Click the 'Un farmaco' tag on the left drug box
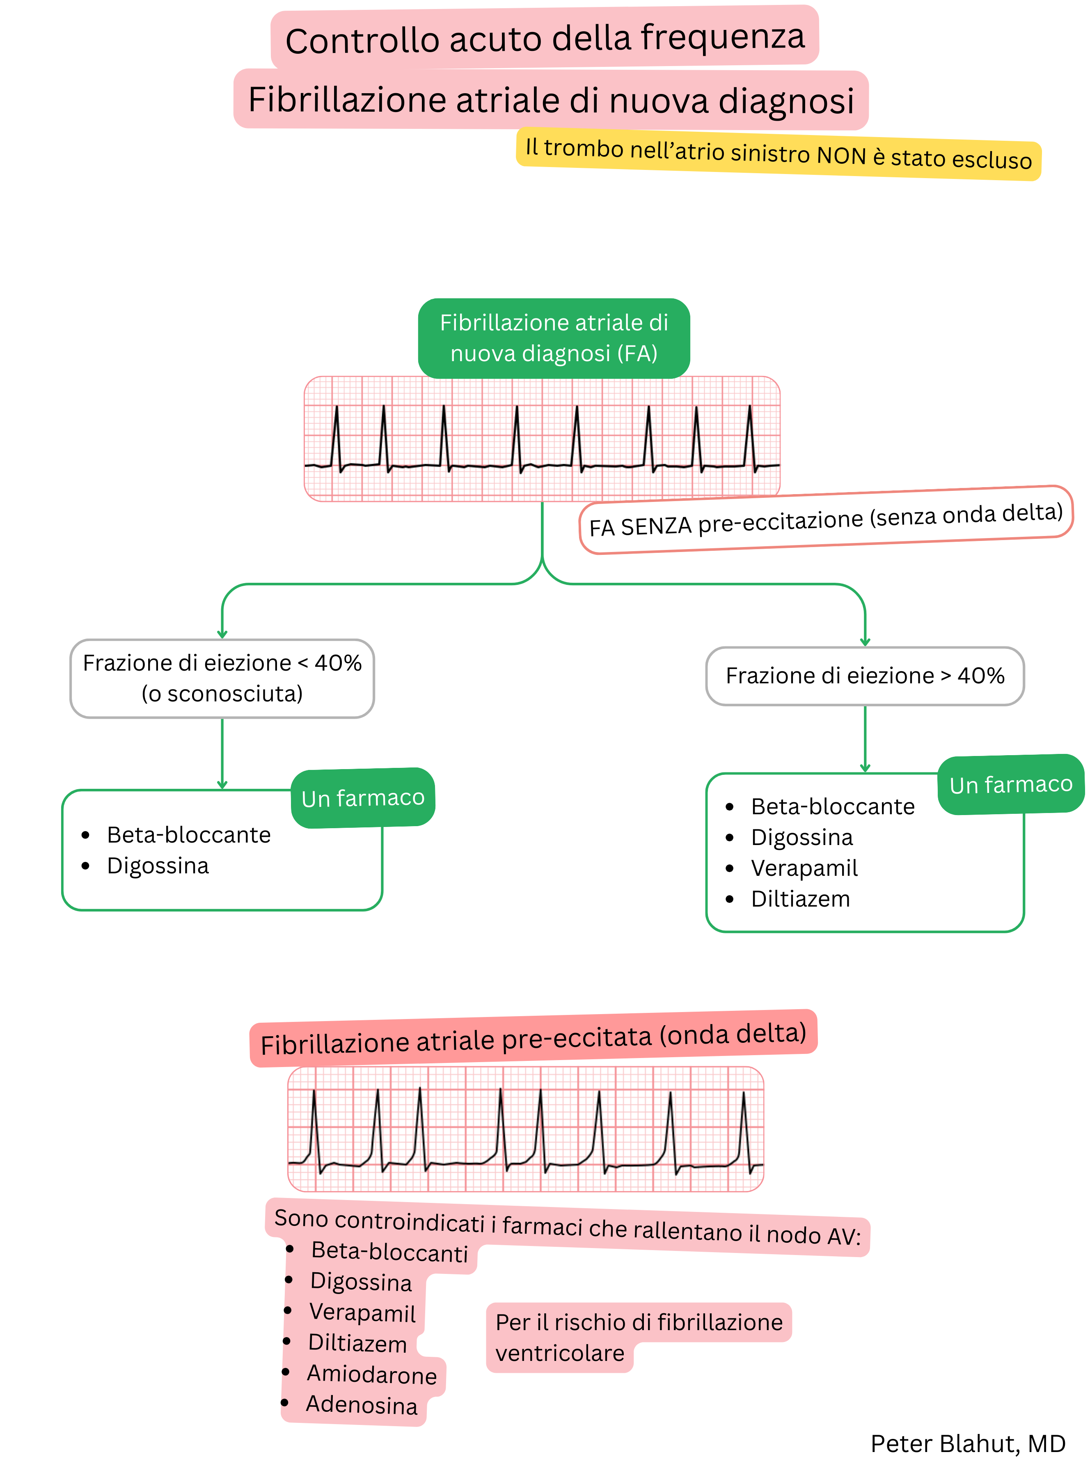(363, 797)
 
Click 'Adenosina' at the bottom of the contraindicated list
(362, 1405)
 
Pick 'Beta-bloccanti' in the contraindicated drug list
(389, 1251)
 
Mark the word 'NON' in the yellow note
(841, 156)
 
